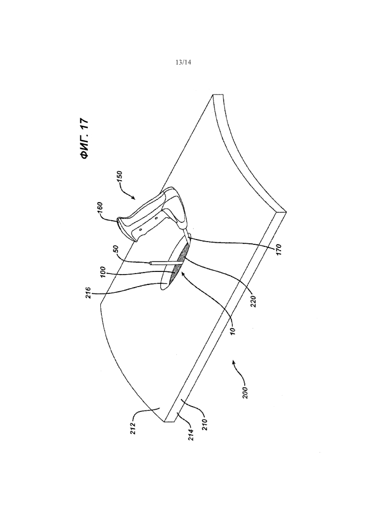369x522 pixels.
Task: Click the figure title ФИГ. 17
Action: tap(85, 138)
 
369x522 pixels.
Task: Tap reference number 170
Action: tap(279, 250)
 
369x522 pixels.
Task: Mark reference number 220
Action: tap(254, 302)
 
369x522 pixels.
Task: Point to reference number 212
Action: tap(133, 430)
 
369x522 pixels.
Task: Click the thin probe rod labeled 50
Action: tap(166, 263)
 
